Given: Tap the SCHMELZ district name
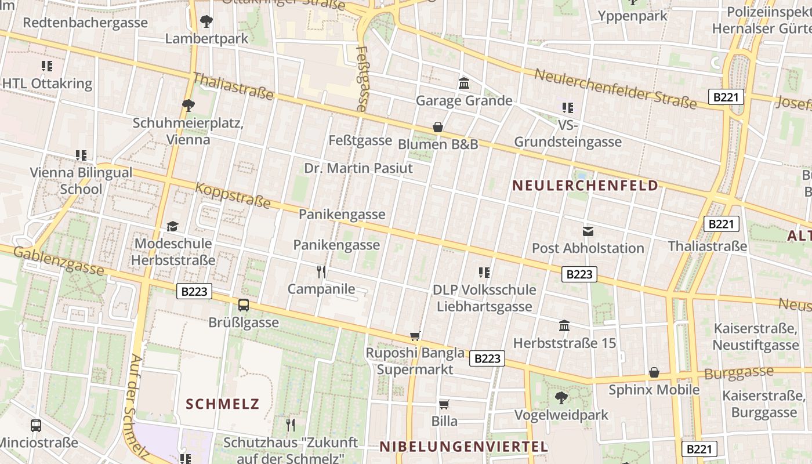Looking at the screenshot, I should pyautogui.click(x=222, y=404).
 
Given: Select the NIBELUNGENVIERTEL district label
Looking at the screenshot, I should pyautogui.click(x=463, y=447).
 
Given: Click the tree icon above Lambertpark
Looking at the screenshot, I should pyautogui.click(x=206, y=22).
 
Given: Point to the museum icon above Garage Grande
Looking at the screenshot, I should pyautogui.click(x=464, y=84).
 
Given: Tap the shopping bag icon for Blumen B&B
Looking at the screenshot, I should pyautogui.click(x=438, y=127).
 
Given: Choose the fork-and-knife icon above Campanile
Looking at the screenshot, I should pyautogui.click(x=321, y=271).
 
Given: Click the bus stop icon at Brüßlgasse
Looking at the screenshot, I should pyautogui.click(x=244, y=305).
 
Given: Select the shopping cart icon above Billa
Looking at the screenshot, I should pyautogui.click(x=444, y=404).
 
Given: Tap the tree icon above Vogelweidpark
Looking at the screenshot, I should pyautogui.click(x=561, y=398).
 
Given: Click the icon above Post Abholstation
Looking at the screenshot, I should pyautogui.click(x=588, y=231).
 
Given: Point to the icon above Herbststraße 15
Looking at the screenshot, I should pyautogui.click(x=564, y=326).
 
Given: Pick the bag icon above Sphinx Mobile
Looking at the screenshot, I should pyautogui.click(x=654, y=372).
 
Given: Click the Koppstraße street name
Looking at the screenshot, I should pyautogui.click(x=233, y=195).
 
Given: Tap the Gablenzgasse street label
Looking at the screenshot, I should pyautogui.click(x=58, y=260).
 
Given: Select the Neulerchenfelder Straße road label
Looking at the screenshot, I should pyautogui.click(x=615, y=89).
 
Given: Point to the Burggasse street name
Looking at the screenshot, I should pyautogui.click(x=739, y=372).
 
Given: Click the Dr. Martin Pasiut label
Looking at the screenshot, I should pyautogui.click(x=358, y=168).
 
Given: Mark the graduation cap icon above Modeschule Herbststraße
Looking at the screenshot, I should pyautogui.click(x=172, y=226).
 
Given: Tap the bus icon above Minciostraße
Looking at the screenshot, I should pyautogui.click(x=36, y=426).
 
